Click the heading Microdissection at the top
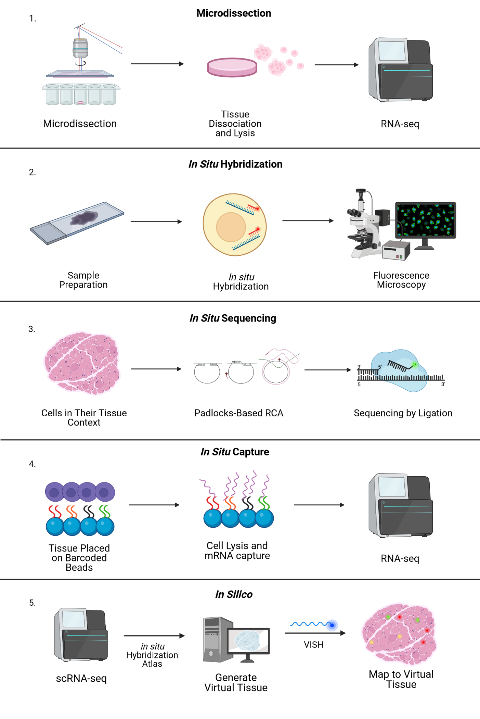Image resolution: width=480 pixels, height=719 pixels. point(234,13)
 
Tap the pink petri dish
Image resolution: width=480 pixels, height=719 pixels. point(232,67)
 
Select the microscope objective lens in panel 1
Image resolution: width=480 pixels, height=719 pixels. point(80,48)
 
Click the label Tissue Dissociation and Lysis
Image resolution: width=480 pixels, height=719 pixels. point(235,124)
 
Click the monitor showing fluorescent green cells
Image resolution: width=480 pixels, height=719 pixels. point(425,220)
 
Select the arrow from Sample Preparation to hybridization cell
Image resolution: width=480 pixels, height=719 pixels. point(156,222)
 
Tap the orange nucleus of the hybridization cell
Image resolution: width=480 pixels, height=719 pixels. point(231,227)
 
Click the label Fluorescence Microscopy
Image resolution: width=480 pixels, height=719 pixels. point(401,280)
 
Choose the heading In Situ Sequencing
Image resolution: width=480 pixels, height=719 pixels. point(233,318)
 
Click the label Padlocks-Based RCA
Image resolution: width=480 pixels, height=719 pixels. point(238,413)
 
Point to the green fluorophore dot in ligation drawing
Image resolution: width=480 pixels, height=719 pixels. point(415,365)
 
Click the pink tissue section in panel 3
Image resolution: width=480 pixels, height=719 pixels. point(82,363)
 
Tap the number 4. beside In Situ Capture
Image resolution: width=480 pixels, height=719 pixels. point(32,464)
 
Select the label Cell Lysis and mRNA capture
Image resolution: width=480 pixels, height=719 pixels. point(237,551)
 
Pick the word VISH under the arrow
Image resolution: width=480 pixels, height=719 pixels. point(313,645)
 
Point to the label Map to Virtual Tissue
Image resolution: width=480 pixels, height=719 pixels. point(401,679)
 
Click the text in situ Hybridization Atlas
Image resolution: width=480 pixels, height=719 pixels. point(152,655)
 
